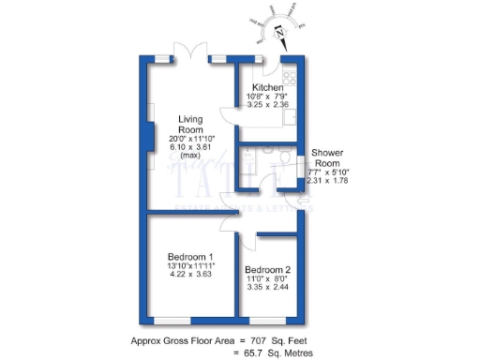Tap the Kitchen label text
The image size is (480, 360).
266,87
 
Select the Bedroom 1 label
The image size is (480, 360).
191,257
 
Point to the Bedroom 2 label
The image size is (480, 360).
268,269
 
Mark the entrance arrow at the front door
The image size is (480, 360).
302,199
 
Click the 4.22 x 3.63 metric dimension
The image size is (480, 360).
191,276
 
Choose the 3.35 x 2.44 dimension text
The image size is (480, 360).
268,288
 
